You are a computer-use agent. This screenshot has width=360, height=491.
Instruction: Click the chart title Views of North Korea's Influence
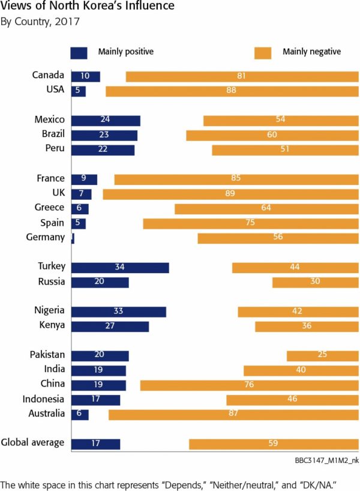pyautogui.click(x=88, y=7)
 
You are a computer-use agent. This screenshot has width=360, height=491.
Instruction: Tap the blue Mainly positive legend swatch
pyautogui.click(x=79, y=52)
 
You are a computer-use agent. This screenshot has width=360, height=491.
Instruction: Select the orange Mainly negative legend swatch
pyautogui.click(x=263, y=52)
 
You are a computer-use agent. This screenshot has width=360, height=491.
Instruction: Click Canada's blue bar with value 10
pyautogui.click(x=85, y=77)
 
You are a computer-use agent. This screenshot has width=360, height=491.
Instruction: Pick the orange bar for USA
pyautogui.click(x=232, y=91)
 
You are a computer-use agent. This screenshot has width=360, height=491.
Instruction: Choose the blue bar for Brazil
pyautogui.click(x=104, y=135)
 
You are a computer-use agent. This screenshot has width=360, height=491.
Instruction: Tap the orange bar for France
pyautogui.click(x=236, y=179)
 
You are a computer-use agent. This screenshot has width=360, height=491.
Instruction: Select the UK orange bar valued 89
pyautogui.click(x=230, y=194)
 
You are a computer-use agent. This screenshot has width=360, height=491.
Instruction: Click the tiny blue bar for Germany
pyautogui.click(x=73, y=238)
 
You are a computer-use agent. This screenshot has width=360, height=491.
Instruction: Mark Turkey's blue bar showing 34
pyautogui.click(x=120, y=267)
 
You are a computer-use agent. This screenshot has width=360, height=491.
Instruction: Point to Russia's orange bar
pyautogui.click(x=315, y=282)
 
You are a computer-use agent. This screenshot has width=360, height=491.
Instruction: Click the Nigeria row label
pyautogui.click(x=49, y=311)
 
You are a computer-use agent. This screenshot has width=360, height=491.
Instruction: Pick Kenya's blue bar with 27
pyautogui.click(x=110, y=326)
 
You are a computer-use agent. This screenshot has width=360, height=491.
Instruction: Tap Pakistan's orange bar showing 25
pyautogui.click(x=322, y=355)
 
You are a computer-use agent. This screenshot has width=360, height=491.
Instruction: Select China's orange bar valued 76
pyautogui.click(x=249, y=384)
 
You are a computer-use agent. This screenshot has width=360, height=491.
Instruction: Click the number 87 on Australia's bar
pyautogui.click(x=233, y=414)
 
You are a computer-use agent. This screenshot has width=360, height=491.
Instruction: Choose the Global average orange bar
pyautogui.click(x=274, y=444)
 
